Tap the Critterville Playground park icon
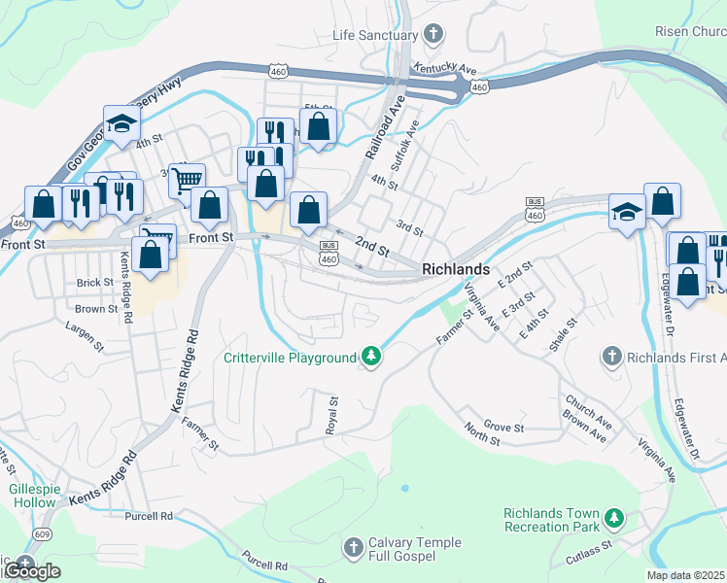pos(370,358)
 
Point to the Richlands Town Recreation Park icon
pos(613,519)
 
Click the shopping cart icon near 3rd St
pos(187,179)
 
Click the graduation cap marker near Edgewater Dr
pos(626,211)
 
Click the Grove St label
pos(503,427)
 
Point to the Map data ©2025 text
pos(685,575)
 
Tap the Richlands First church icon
pos(611,357)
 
